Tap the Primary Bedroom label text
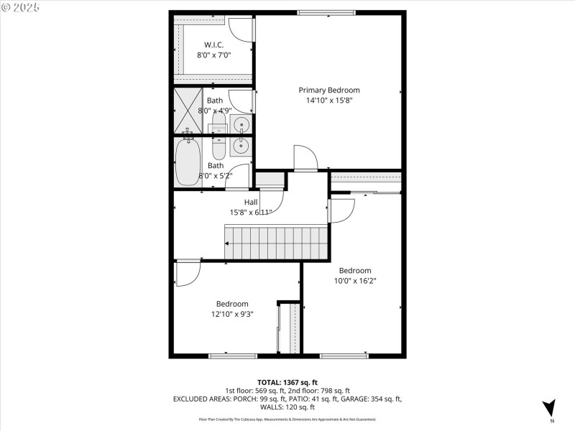point(329,90)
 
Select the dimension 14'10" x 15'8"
point(329,101)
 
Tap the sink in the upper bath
point(242,125)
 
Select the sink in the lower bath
point(241,146)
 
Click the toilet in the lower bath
point(219,147)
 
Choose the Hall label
point(251,203)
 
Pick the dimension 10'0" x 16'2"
point(355,281)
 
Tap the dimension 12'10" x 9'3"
point(232,314)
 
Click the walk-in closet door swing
point(241,29)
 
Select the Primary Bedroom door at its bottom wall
point(305,158)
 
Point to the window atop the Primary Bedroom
point(326,12)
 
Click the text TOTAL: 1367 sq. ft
point(287,382)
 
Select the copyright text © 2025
point(21,6)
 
